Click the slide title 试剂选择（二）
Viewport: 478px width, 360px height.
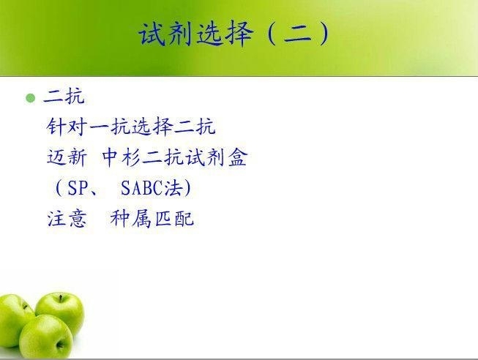click(x=234, y=33)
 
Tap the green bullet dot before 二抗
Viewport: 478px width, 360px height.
click(x=31, y=98)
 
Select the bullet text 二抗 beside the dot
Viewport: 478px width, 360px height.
click(x=64, y=97)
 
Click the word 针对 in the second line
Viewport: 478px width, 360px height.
click(x=66, y=126)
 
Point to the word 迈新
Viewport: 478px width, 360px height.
click(x=67, y=157)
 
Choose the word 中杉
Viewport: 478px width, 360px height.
click(x=121, y=157)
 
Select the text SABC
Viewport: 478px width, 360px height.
click(x=141, y=187)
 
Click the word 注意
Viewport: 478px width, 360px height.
click(x=67, y=219)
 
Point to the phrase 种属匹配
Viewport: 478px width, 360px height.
click(x=152, y=219)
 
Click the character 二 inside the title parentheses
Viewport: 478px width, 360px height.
click(x=297, y=34)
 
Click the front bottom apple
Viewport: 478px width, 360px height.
click(x=46, y=337)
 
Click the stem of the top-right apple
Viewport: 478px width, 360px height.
click(x=61, y=298)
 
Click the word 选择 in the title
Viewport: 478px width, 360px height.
click(x=225, y=33)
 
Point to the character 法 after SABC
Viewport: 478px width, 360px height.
click(x=173, y=187)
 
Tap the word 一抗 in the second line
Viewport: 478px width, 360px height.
click(x=108, y=126)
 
